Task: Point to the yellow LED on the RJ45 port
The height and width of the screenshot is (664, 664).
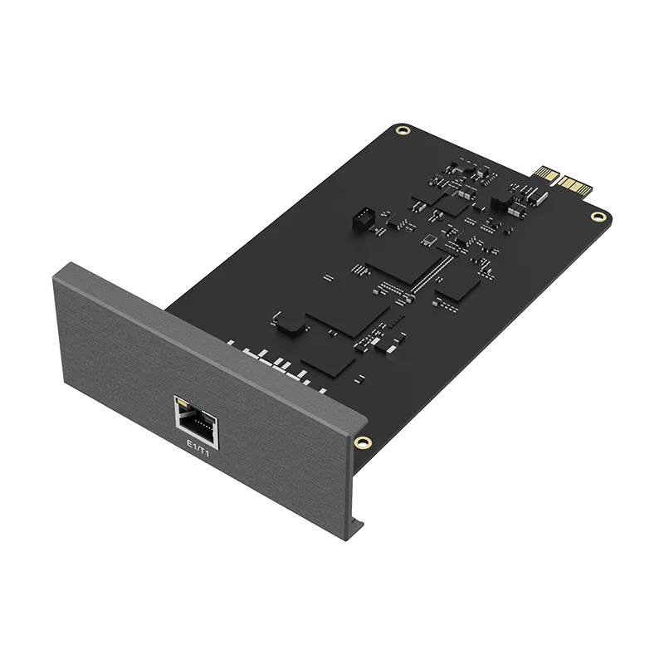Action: click(181, 403)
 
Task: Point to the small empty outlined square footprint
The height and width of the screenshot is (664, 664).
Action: click(430, 240)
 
